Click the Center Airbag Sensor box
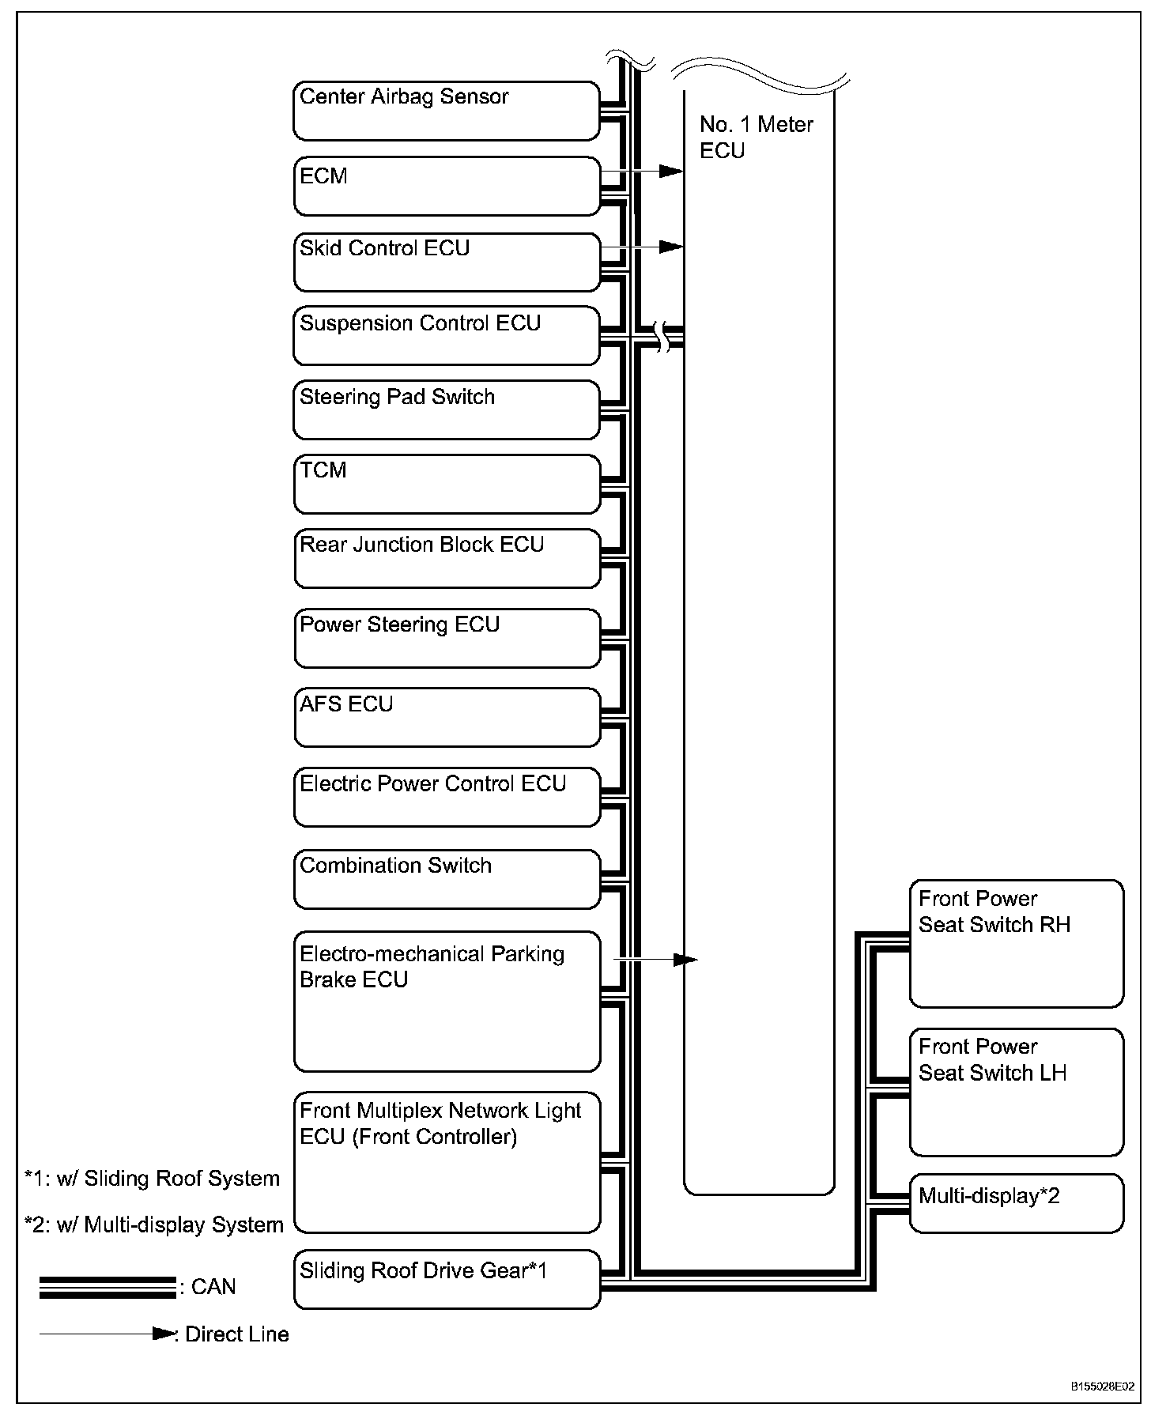point(447,111)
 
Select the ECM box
point(447,187)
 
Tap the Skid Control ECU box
point(447,262)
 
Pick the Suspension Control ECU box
point(447,336)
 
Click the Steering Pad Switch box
point(447,409)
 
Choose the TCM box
point(447,484)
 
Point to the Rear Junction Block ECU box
point(447,558)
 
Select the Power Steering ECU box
point(447,638)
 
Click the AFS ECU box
point(447,717)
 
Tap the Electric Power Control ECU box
point(447,798)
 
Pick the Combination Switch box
point(447,879)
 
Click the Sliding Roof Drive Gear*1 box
point(447,1279)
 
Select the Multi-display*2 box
point(1016,1203)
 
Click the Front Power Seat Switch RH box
point(1016,944)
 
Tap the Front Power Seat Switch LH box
point(1016,1092)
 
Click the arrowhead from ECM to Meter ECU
point(672,172)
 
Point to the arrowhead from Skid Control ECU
point(672,247)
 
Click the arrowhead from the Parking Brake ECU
point(686,960)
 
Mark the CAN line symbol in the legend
point(108,1287)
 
